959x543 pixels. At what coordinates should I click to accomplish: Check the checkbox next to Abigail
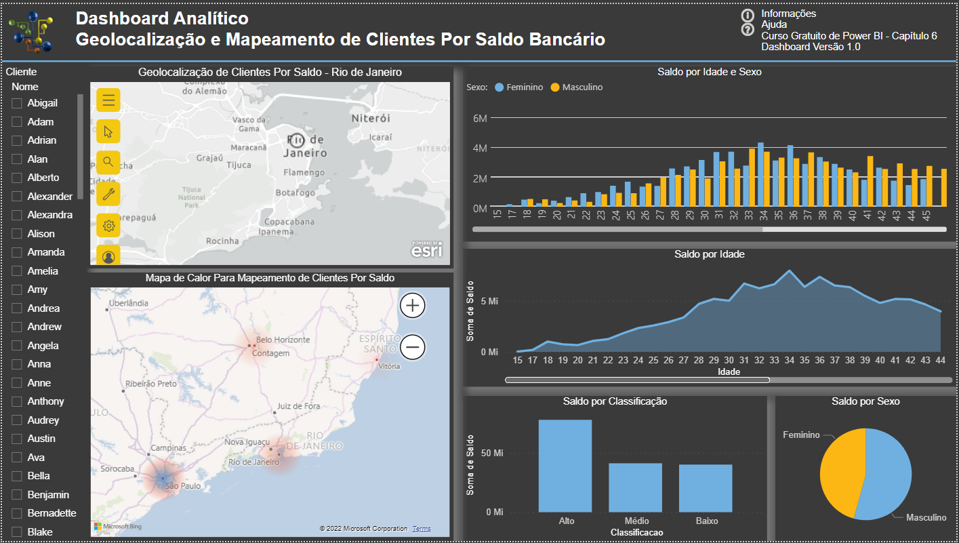coord(17,103)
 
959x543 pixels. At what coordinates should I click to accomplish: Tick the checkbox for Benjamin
coord(17,495)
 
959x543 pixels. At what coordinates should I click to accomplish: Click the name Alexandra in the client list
coord(49,215)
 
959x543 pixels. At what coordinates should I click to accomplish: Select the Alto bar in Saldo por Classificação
coord(565,466)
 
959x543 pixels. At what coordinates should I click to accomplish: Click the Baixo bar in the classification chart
coord(706,488)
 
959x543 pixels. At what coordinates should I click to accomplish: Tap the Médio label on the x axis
coord(636,521)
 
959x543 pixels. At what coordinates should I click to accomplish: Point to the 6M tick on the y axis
coord(480,118)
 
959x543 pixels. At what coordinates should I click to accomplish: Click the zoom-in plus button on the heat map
coord(413,306)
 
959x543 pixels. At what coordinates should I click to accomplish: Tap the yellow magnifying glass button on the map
coord(108,162)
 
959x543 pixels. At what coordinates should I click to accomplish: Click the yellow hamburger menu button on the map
coord(108,101)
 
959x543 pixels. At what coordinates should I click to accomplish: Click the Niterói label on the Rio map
coord(371,119)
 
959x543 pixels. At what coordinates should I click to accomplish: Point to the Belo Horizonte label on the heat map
coord(283,340)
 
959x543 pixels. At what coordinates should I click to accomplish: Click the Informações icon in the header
coord(748,15)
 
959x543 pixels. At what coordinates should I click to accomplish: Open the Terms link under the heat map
coord(422,529)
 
